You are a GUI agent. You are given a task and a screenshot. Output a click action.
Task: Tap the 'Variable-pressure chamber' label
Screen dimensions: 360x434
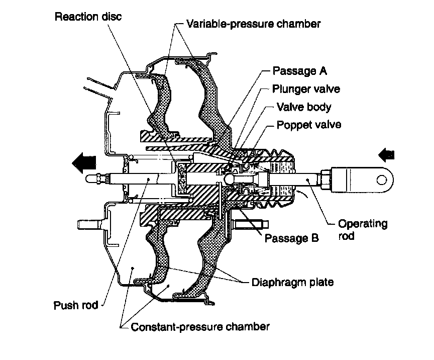(x=253, y=24)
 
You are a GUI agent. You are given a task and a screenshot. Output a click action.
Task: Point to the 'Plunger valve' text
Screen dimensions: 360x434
(x=306, y=89)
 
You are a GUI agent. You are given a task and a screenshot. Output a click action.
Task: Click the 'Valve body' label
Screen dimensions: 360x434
(x=304, y=107)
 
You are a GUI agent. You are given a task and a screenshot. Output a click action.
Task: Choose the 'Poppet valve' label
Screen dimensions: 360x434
(x=309, y=125)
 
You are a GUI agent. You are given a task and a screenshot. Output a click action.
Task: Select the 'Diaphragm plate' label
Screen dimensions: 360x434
(x=292, y=282)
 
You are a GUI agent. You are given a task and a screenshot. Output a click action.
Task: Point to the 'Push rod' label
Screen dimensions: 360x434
(x=76, y=305)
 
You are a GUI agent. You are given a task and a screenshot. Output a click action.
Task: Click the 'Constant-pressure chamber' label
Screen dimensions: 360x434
(x=200, y=327)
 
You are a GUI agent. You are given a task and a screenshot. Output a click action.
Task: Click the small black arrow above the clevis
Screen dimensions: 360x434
(x=388, y=153)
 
